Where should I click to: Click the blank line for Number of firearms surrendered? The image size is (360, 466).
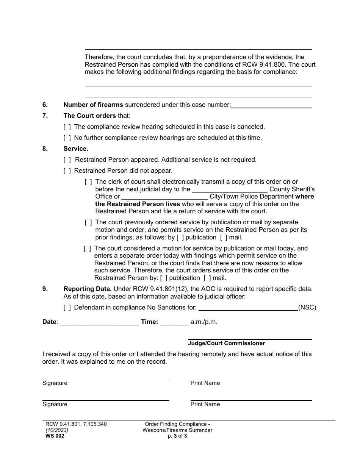point(271,105)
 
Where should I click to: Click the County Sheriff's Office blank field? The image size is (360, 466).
point(230,189)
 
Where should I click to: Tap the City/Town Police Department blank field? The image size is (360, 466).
point(164,197)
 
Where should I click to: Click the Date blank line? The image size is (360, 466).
point(99,322)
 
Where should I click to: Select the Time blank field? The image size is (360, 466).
point(174,322)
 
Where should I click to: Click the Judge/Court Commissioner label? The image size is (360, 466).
point(226,343)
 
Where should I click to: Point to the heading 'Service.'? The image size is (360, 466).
point(76,149)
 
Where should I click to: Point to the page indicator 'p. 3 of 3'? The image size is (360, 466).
point(177,436)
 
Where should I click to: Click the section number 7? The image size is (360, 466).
point(45,116)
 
